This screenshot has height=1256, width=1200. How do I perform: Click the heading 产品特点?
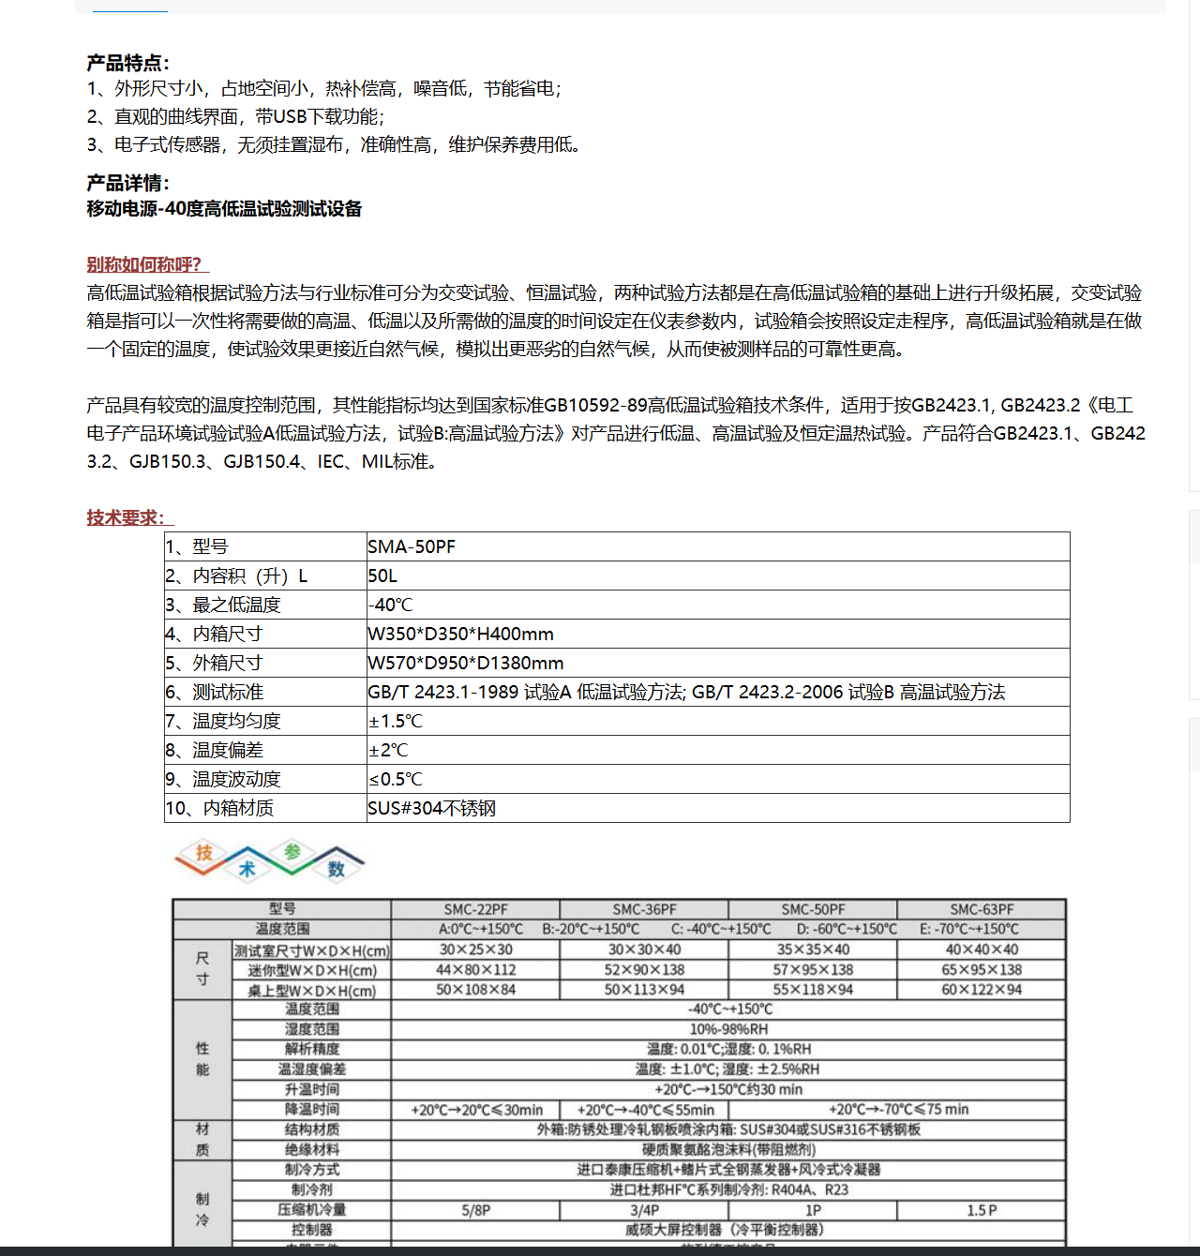(127, 63)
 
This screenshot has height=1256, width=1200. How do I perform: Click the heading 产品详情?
(127, 183)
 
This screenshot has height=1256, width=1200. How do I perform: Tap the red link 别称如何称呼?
(144, 264)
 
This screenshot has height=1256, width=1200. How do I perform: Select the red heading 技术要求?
(127, 517)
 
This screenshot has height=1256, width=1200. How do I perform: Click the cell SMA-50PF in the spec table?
(412, 546)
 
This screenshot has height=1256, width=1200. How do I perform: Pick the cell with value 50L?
(382, 576)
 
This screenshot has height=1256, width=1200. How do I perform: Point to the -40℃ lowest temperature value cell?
(390, 605)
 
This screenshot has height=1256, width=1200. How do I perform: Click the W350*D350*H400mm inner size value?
(460, 634)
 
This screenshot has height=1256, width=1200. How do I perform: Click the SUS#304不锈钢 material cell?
(431, 808)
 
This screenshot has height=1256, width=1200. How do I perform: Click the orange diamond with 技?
(204, 853)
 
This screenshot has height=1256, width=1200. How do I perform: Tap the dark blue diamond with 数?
(336, 869)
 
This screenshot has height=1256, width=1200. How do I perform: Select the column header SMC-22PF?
(475, 909)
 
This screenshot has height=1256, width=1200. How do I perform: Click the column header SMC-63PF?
(982, 909)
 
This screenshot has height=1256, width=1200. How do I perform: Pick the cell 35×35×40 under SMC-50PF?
(813, 949)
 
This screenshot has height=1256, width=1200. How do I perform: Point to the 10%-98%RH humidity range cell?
(728, 1029)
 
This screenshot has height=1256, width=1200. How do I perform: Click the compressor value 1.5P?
(982, 1210)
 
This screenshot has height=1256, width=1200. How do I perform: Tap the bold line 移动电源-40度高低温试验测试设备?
(224, 208)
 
